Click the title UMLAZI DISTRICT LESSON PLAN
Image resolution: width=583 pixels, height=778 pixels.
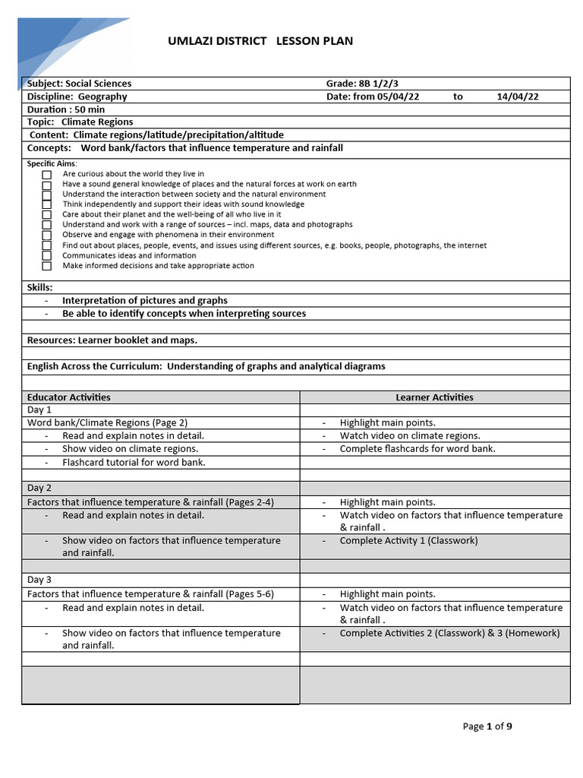260,41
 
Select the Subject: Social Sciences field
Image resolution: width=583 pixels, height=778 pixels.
79,84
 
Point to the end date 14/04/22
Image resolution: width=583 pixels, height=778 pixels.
518,96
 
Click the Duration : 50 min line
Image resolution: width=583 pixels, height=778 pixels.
66,109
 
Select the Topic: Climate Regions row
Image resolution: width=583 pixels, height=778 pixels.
80,122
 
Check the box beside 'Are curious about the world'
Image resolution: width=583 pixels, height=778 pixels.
47,175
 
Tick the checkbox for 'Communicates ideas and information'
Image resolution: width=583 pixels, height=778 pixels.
47,256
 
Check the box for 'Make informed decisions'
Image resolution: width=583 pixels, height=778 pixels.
47,267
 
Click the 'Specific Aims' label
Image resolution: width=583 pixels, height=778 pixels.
52,163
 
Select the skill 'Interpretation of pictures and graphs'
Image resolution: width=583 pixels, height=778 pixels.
144,300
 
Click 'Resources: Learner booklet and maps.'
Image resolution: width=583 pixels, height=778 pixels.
112,340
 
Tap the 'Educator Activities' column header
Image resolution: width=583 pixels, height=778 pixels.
68,397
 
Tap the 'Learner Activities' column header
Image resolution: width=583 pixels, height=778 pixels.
434,397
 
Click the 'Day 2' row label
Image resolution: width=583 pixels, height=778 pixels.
39,488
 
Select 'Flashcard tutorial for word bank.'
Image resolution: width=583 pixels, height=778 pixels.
134,462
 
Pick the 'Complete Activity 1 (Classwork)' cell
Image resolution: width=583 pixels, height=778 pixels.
408,541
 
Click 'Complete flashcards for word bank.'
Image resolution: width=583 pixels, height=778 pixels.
418,449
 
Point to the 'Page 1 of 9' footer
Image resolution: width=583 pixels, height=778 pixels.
487,726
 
